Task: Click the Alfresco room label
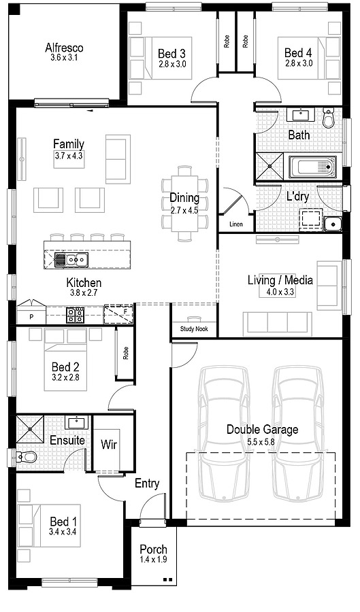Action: coord(64,48)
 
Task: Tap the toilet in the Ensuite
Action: coord(27,456)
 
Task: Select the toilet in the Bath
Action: coord(329,117)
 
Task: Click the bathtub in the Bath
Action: coord(312,167)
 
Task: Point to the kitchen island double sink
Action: coord(72,258)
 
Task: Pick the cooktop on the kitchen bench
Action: coord(75,315)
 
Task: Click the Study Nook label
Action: coord(194,329)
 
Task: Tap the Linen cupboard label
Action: coord(236,224)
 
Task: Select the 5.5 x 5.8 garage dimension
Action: coord(263,442)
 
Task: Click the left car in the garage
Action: coord(223,433)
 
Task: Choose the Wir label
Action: coord(109,444)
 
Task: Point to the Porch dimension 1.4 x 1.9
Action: coord(153,560)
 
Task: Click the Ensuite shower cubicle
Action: coord(30,429)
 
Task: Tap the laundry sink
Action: coord(333,224)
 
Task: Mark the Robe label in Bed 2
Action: coord(126,353)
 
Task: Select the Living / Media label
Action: coord(280,280)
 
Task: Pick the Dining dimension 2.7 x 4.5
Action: coord(184,211)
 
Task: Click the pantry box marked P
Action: coord(31,316)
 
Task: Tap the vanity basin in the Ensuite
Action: coord(76,423)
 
